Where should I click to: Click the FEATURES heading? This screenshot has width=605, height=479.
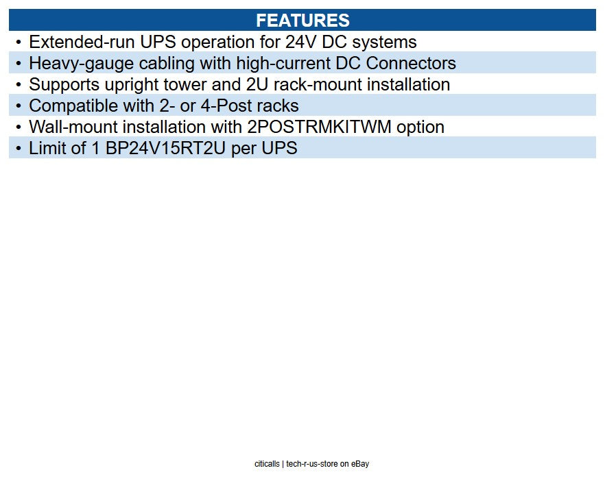tap(302, 21)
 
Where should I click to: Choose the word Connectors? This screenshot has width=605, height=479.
tap(410, 64)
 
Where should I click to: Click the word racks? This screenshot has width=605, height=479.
tap(277, 106)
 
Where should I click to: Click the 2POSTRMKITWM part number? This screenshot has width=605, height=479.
tap(318, 127)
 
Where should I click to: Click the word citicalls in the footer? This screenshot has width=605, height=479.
tap(267, 464)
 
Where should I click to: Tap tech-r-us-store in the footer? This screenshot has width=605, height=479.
tap(313, 464)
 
